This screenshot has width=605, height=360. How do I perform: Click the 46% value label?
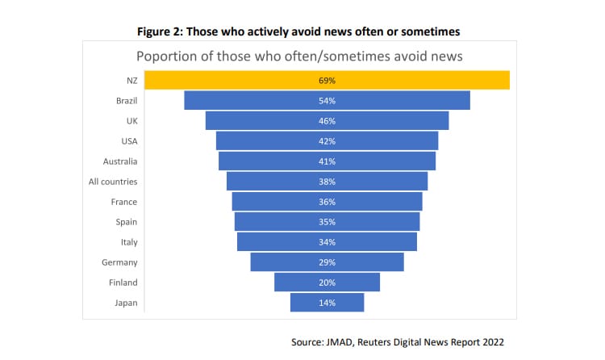click(x=327, y=121)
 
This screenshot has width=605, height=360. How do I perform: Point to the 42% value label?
click(x=327, y=141)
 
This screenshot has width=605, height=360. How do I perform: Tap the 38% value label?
click(x=327, y=182)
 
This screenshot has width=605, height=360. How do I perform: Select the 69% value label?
click(x=327, y=81)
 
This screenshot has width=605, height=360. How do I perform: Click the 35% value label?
click(x=327, y=222)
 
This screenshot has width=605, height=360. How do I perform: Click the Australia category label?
click(x=121, y=161)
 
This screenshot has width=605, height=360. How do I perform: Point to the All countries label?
click(x=113, y=182)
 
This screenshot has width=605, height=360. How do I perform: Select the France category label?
click(x=124, y=202)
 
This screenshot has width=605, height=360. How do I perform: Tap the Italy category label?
click(x=129, y=242)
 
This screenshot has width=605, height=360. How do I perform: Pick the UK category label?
click(x=131, y=121)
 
